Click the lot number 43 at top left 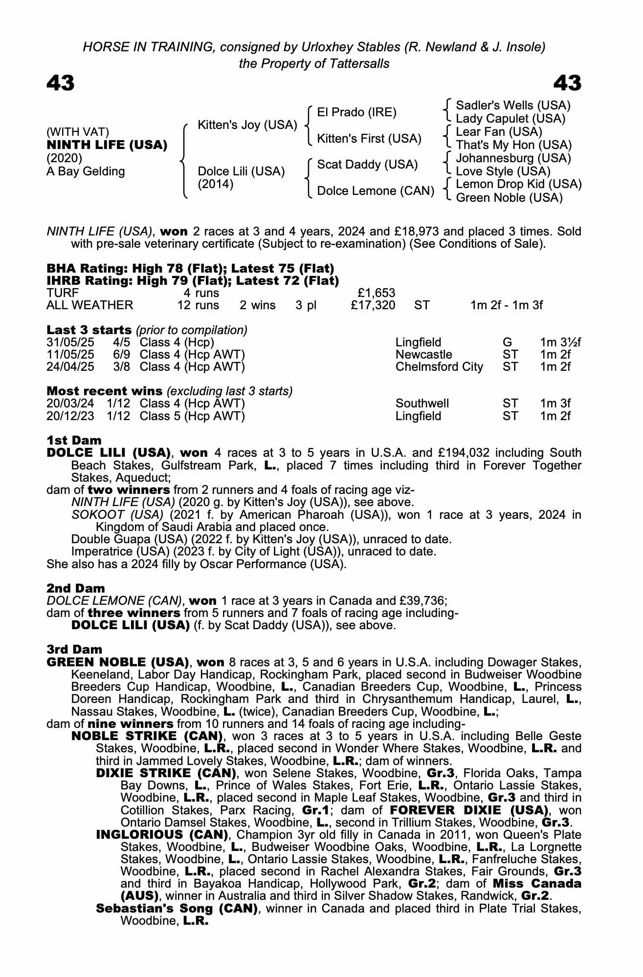point(61,83)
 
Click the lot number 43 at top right point(567,83)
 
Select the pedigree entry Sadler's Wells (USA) point(513,106)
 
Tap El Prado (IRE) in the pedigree point(356,112)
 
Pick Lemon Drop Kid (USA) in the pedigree point(518,184)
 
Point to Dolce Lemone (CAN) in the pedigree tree point(376,191)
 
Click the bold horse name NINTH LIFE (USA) point(107,145)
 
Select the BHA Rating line point(190,268)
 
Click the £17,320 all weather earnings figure point(373,305)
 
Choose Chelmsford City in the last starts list point(439,367)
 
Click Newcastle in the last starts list point(423,355)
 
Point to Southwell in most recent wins point(422,404)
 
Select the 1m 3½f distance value point(560,342)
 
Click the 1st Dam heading point(74,441)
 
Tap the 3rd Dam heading point(74,649)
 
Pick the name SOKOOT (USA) point(117,515)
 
